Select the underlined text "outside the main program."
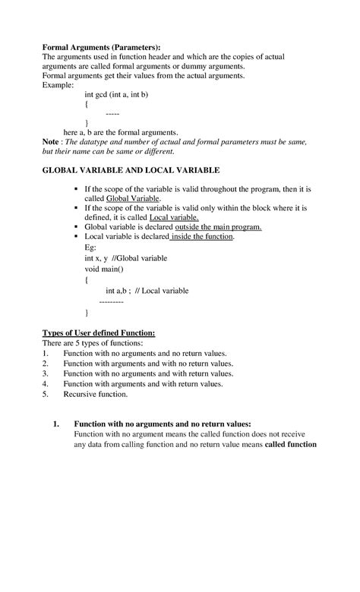coord(218,227)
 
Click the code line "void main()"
coord(104,269)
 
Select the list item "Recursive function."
coord(96,395)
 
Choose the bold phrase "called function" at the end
coord(290,445)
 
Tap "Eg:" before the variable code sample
coord(90,247)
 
